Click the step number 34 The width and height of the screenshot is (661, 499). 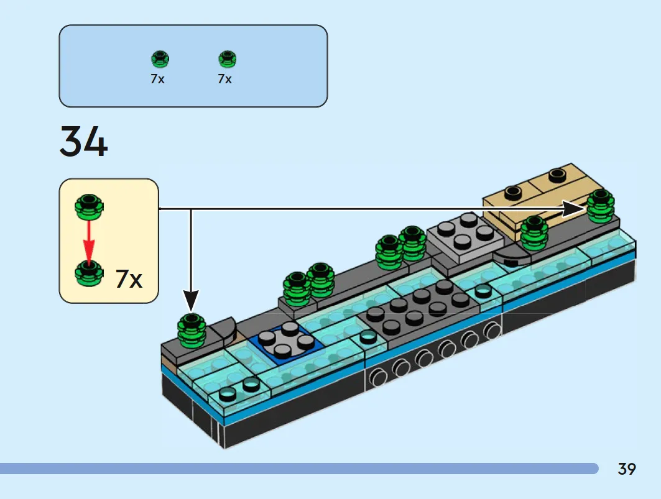(83, 141)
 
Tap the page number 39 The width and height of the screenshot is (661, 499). (627, 469)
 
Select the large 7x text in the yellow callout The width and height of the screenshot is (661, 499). (129, 278)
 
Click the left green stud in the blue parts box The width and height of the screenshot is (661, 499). (160, 59)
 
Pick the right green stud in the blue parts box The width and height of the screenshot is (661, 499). (228, 59)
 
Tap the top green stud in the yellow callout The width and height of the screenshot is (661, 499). (89, 206)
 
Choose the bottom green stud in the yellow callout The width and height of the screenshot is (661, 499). (89, 273)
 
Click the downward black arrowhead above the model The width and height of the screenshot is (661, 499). (191, 301)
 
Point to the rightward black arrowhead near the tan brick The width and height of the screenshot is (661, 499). (575, 209)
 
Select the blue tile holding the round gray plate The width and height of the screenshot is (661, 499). (287, 345)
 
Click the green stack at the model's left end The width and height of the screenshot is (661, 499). (192, 331)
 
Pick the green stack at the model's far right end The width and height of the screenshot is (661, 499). (601, 206)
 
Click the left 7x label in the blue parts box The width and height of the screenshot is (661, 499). (158, 79)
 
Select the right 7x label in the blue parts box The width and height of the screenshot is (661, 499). (225, 79)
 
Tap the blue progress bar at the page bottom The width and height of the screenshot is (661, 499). (299, 468)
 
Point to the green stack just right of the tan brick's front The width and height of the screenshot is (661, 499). (534, 233)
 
